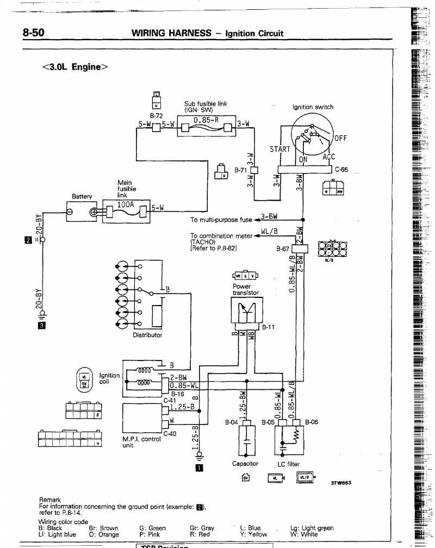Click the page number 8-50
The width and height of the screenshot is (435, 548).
click(x=33, y=33)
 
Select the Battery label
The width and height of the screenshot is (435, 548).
click(x=82, y=196)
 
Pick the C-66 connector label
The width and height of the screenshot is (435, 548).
click(x=341, y=169)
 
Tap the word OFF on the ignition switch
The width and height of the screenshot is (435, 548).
click(x=340, y=138)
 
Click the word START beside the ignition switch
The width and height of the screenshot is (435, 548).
click(x=280, y=150)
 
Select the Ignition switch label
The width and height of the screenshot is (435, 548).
click(x=313, y=107)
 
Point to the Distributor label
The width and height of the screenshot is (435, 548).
click(x=147, y=335)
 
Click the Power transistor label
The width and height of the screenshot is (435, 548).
click(x=242, y=289)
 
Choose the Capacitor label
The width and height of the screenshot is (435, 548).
click(x=245, y=464)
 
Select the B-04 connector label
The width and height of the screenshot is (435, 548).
click(x=232, y=422)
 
